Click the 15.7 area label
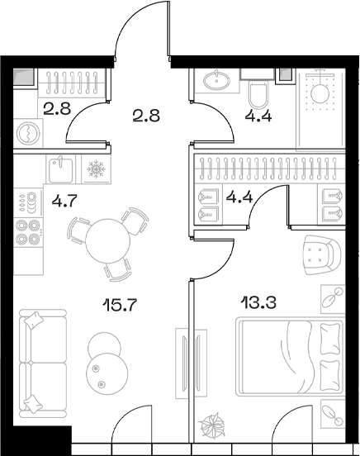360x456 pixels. point(119,305)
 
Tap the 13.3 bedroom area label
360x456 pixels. point(258,302)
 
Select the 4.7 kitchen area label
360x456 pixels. point(64,201)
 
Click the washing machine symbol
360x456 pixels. point(28,133)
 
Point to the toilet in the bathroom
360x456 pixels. point(258,95)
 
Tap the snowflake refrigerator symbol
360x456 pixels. point(97,169)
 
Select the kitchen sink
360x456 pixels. point(60,169)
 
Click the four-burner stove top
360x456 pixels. point(28,232)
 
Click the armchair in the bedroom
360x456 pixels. point(322,254)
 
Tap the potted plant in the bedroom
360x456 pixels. point(211,425)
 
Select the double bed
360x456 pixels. point(290,357)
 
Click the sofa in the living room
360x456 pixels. point(43,363)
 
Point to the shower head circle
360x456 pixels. point(320,93)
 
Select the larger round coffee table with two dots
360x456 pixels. point(107,373)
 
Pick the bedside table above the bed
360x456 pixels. point(333,299)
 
